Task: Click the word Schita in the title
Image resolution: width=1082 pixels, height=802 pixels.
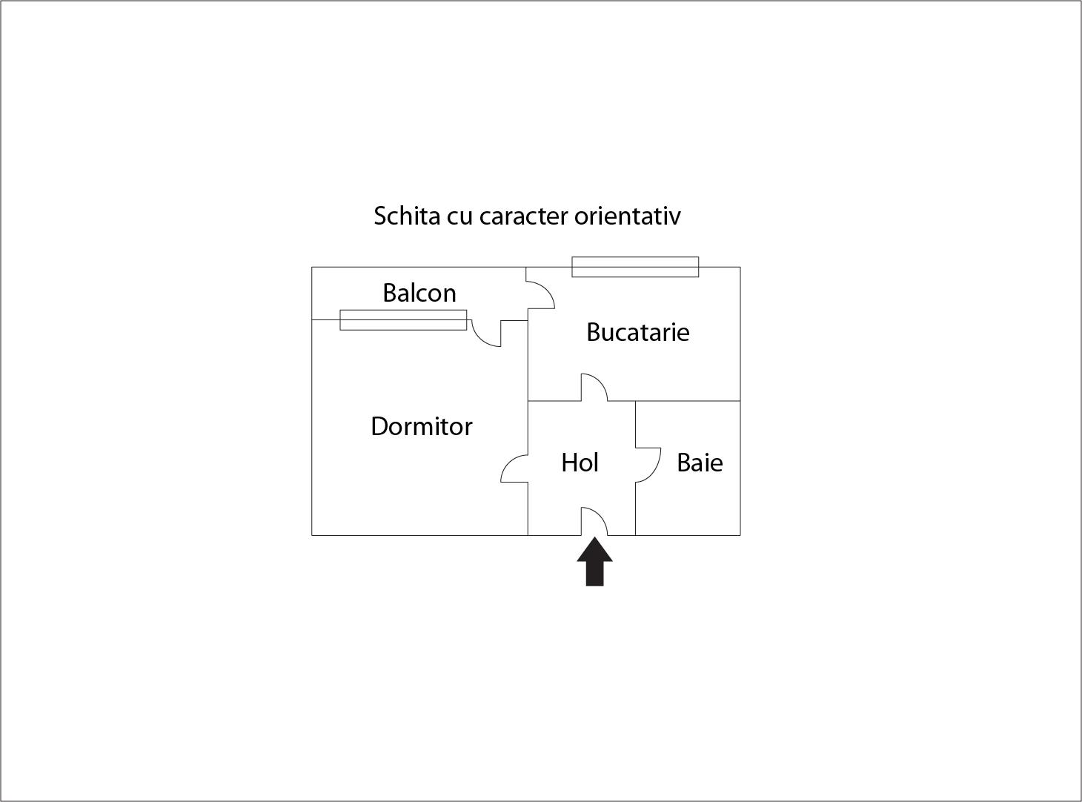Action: coord(407,216)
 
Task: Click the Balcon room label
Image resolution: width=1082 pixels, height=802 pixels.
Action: coord(419,293)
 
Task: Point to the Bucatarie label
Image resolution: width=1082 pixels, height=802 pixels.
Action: coord(637,332)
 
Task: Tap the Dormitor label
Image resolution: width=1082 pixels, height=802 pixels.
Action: coord(422,426)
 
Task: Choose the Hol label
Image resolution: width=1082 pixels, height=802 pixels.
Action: coord(580,463)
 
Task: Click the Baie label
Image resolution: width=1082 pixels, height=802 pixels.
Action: coord(700,463)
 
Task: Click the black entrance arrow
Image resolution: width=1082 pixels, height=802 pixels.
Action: coord(594,561)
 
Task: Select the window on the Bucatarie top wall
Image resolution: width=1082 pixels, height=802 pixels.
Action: coord(635,267)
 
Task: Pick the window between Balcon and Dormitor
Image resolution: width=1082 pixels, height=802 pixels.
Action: coord(403,320)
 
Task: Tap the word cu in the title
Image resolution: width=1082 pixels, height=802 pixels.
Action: coord(460,218)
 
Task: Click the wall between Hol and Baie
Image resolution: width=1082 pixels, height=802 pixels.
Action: coord(636,468)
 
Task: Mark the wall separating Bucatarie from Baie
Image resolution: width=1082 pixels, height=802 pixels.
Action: coord(688,401)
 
